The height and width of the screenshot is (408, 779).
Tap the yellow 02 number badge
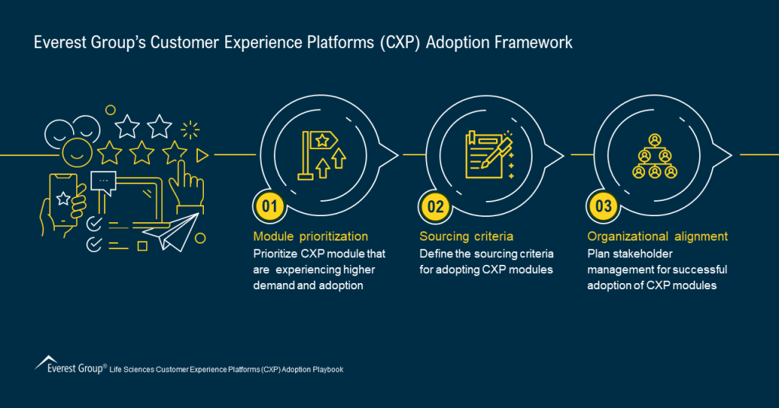[434, 206]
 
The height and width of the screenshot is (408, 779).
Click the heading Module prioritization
[310, 237]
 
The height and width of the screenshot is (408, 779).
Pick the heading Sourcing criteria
[466, 237]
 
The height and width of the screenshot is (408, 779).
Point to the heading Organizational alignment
[657, 237]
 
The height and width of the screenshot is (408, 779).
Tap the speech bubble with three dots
[103, 181]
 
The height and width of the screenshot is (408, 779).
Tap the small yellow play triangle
[202, 155]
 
